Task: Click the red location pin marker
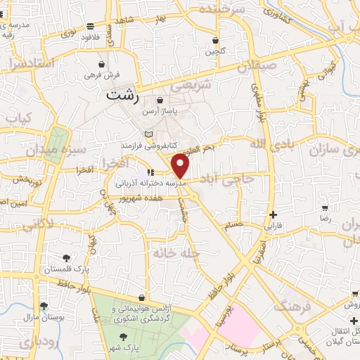pyautogui.click(x=181, y=166)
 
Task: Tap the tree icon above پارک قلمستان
pyautogui.click(x=67, y=258)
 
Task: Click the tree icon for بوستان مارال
pyautogui.click(x=44, y=306)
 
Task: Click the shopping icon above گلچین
pyautogui.click(x=214, y=41)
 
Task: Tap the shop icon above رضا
pyautogui.click(x=324, y=208)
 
